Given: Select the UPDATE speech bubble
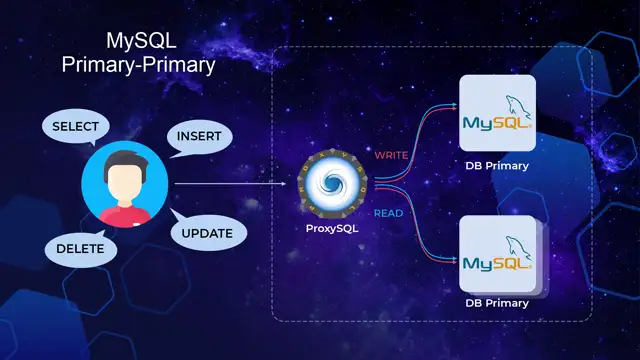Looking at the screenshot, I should point(207,234).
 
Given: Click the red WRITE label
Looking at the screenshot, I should point(392,155).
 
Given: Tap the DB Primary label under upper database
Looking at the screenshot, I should point(497,166).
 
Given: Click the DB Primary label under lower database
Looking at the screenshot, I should point(497,303).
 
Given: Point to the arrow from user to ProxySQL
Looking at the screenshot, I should point(230,185).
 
